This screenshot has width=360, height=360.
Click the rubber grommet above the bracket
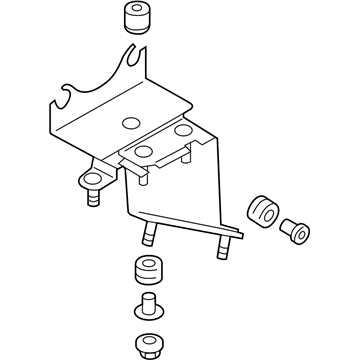(x=136, y=20)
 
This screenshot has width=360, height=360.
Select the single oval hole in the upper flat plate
(x=127, y=123)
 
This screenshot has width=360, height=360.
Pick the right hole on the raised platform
(x=182, y=131)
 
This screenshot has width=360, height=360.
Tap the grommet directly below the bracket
(x=145, y=272)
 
